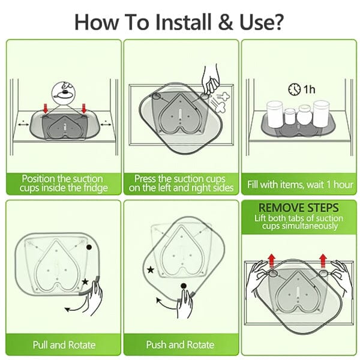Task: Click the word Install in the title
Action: [183, 22]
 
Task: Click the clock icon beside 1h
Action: [295, 89]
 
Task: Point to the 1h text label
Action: [309, 89]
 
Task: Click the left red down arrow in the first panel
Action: [46, 109]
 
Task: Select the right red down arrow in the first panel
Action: [84, 109]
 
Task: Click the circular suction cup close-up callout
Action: [64, 93]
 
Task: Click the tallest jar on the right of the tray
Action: [321, 113]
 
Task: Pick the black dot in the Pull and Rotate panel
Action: [89, 247]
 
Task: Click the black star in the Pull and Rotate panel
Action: [85, 281]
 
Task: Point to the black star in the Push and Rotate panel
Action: [151, 270]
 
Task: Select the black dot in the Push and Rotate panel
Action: [184, 286]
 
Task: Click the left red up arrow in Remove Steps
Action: [272, 261]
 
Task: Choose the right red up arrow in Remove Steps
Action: [323, 261]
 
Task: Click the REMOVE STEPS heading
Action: [298, 208]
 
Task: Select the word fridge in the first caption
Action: [95, 188]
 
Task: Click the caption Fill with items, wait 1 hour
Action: [300, 185]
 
